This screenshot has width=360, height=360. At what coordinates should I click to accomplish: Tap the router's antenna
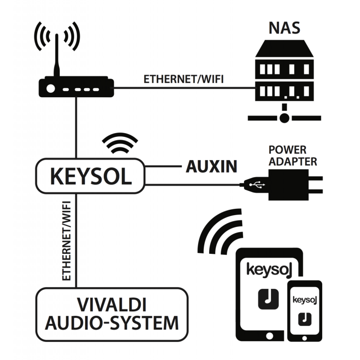tap(57, 54)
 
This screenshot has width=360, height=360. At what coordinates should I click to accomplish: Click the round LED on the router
tap(50, 89)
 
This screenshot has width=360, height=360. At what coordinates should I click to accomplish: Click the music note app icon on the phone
tap(306, 318)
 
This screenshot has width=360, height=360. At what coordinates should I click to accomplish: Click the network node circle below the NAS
tap(284, 118)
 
